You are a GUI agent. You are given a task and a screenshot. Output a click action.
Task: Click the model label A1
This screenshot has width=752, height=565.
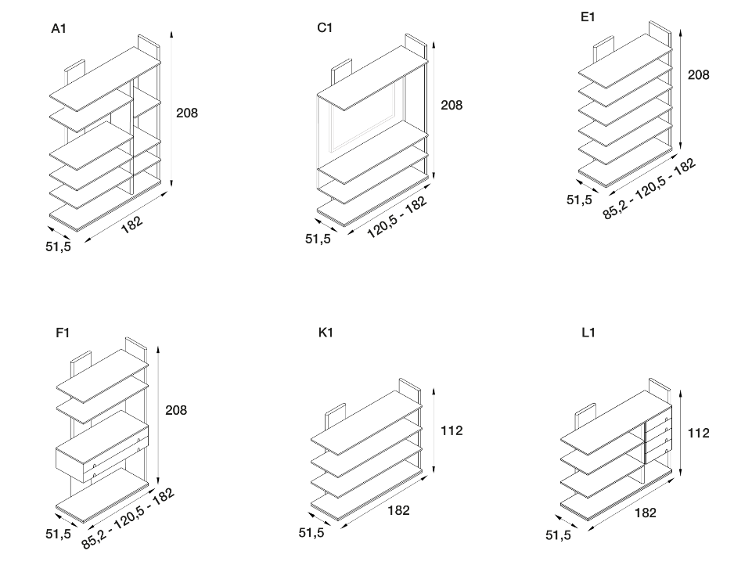57,29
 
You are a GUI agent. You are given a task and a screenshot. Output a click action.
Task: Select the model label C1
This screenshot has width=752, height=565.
325,28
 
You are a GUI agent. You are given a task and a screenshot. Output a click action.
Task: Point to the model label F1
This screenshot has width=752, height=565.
63,333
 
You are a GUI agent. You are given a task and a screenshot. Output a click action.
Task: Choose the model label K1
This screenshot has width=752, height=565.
326,333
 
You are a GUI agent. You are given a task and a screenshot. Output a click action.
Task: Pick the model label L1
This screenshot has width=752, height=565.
589,333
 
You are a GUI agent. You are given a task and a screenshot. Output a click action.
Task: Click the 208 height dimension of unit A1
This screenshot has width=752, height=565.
187,113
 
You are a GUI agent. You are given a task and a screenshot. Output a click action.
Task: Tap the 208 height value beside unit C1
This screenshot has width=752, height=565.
452,105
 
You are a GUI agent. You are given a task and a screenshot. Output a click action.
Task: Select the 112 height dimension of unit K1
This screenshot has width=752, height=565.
452,430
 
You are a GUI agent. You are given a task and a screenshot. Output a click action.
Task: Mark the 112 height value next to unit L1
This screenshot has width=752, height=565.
698,433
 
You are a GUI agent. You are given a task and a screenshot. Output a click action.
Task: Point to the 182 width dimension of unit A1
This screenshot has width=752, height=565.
132,225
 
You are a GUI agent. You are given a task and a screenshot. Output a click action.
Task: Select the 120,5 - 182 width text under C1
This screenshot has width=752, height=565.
397,218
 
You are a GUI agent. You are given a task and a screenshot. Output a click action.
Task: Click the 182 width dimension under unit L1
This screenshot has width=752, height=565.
646,513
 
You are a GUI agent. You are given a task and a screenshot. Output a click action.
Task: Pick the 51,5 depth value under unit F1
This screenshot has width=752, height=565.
57,534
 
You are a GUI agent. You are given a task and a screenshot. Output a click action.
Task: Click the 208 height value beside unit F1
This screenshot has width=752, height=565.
176,410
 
